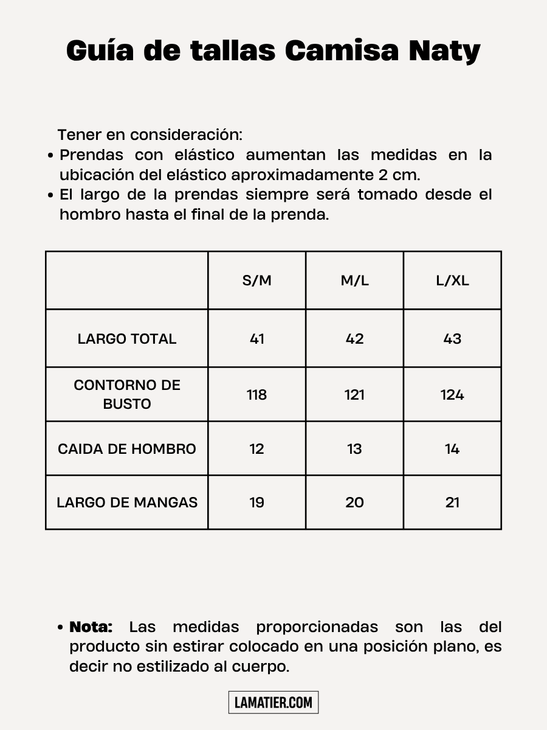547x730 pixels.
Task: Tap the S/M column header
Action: tap(256, 280)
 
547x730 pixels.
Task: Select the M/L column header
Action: tap(354, 280)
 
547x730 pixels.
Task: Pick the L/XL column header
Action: tap(452, 280)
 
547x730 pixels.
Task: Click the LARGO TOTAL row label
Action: tap(127, 339)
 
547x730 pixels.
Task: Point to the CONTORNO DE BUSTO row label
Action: tap(127, 394)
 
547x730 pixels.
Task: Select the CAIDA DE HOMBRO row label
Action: tap(127, 449)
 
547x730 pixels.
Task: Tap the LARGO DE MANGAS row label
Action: tap(127, 502)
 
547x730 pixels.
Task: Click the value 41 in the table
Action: tap(257, 339)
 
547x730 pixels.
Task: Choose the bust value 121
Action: tap(354, 395)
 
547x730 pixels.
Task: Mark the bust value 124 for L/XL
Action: tap(452, 395)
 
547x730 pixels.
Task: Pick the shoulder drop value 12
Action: tap(257, 449)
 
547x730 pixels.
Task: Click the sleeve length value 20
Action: tap(354, 502)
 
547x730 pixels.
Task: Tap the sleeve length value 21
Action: tap(452, 502)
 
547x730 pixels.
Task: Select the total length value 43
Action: tap(452, 339)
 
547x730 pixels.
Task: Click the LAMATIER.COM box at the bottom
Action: tap(273, 703)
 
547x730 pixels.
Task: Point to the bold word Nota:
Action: tap(91, 627)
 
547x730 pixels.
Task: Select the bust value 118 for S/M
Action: tap(257, 395)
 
